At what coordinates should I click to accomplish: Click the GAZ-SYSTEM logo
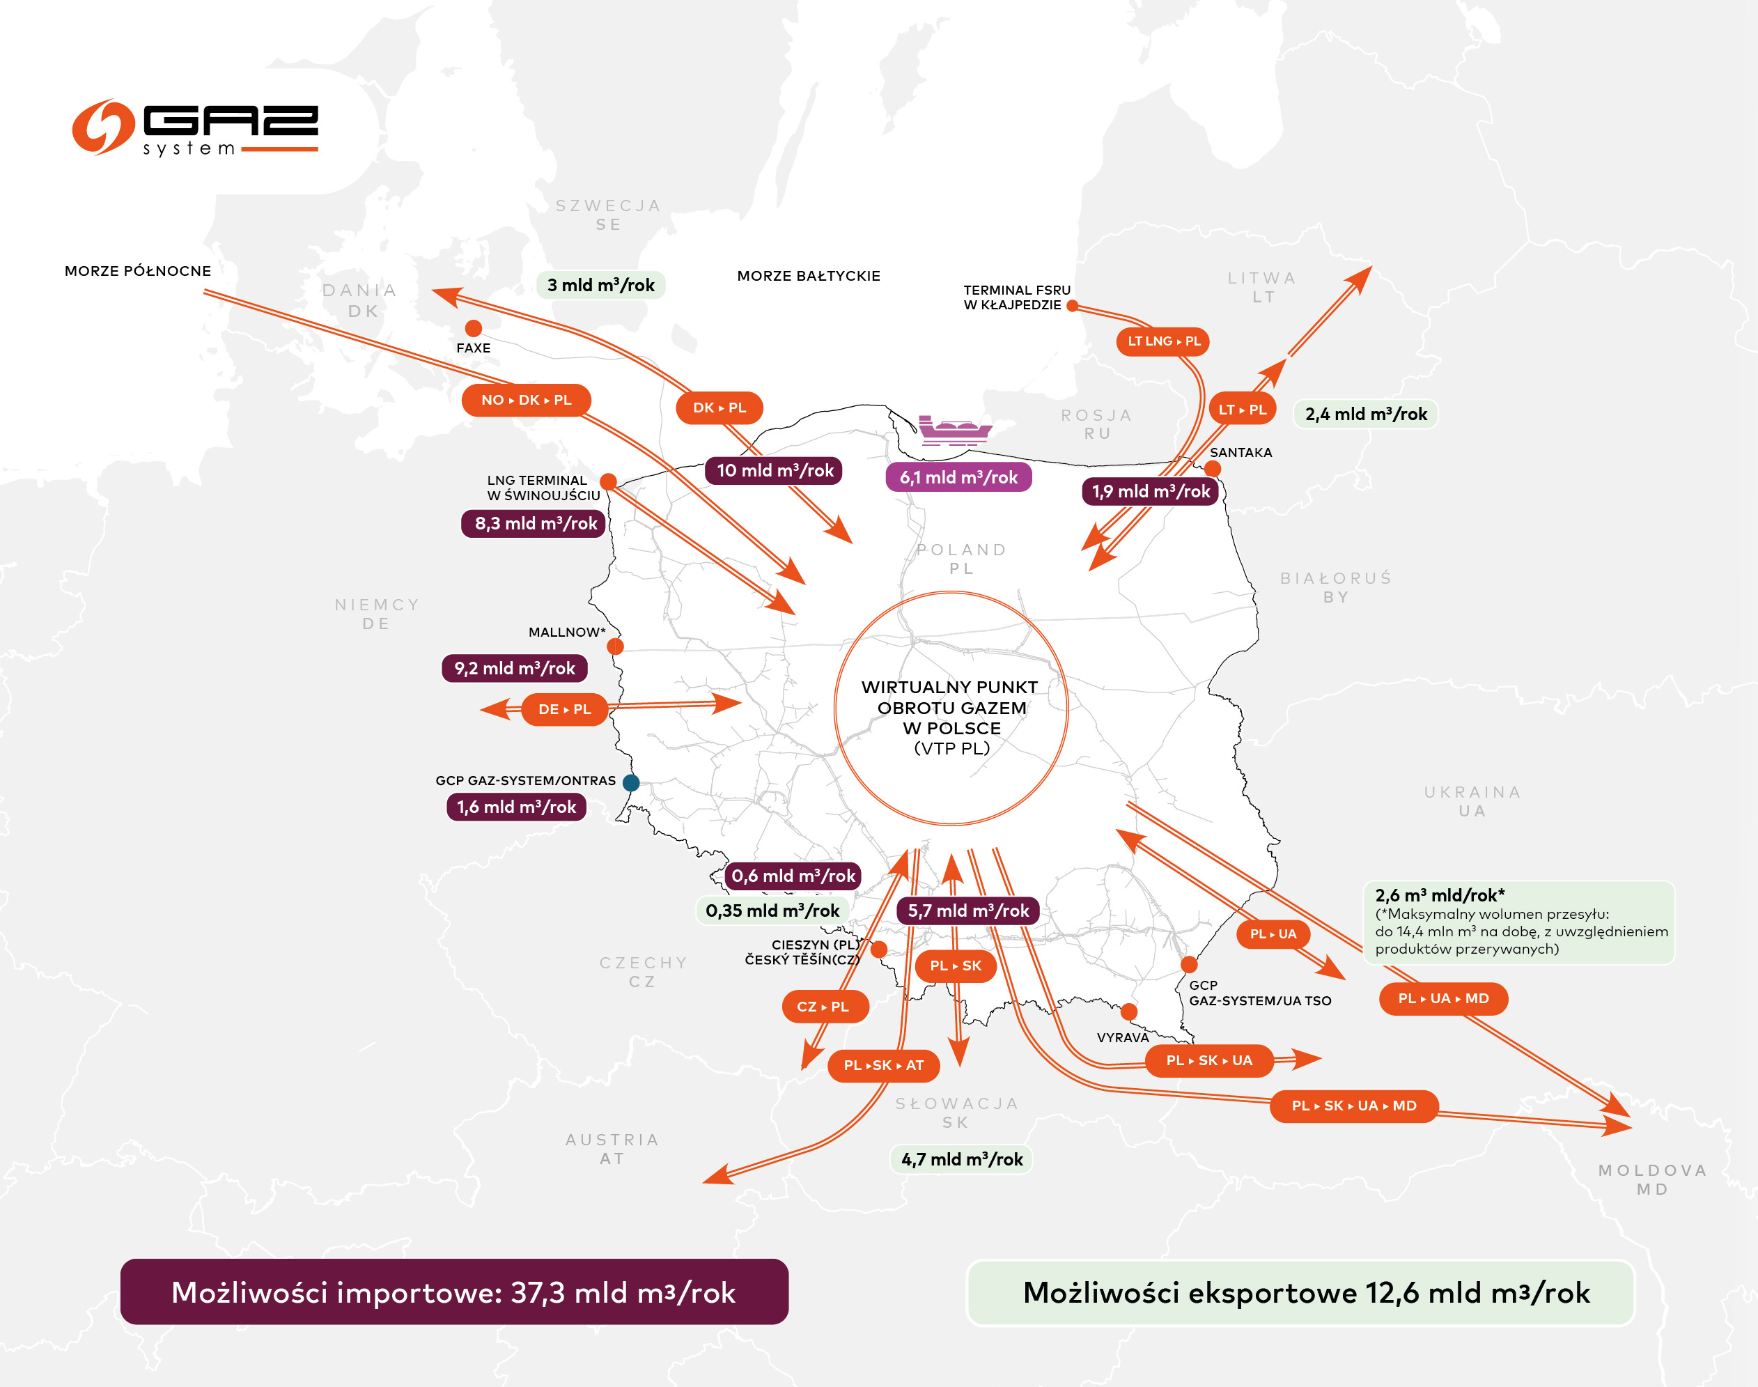195,128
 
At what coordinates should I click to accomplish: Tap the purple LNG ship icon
954,431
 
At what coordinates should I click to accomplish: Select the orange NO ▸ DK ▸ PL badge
526,401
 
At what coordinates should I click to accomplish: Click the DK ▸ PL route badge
719,408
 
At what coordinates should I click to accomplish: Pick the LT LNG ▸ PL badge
1164,341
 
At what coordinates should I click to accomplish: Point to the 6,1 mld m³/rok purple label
958,477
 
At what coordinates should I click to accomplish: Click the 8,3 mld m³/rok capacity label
535,524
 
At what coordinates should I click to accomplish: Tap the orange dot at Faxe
474,328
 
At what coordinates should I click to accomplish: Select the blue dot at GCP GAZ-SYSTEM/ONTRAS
631,783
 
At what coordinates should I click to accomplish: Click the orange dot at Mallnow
616,646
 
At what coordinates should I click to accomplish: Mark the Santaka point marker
1213,469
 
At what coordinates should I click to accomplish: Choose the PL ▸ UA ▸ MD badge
1443,999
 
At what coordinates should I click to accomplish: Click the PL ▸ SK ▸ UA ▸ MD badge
1353,1106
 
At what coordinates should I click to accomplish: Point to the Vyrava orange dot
1128,1012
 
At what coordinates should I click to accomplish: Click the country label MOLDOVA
1652,1170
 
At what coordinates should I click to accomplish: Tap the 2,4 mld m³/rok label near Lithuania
1366,414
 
